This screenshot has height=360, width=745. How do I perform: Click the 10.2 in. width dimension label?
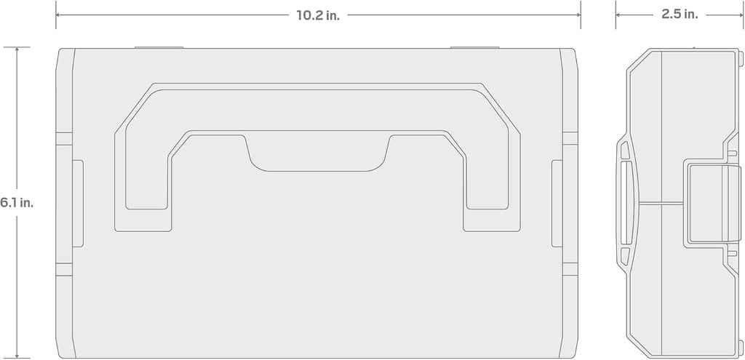[x=319, y=15]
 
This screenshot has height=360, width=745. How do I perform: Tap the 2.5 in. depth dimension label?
[x=680, y=15]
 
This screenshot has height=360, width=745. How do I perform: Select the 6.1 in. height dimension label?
[x=17, y=203]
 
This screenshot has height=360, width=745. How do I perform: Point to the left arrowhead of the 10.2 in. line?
[x=58, y=15]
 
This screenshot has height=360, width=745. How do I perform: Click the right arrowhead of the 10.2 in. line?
[x=578, y=15]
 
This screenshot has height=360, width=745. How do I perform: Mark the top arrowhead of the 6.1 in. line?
[x=17, y=50]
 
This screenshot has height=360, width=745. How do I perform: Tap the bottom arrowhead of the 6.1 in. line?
[x=17, y=355]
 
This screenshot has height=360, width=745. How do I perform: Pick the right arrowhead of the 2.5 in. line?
[x=740, y=15]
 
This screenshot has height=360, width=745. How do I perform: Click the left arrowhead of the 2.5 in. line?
[x=618, y=15]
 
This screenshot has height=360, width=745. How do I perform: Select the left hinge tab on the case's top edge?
[x=159, y=47]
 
